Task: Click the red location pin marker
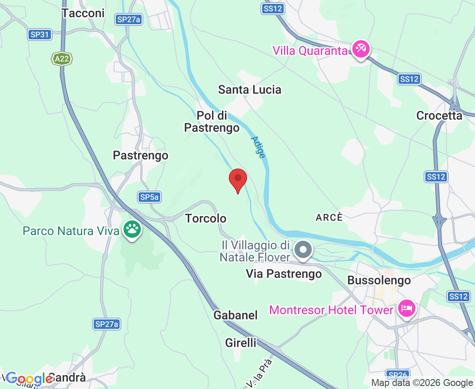237,179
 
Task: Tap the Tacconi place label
83,13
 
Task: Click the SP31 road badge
40,35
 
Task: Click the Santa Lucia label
249,89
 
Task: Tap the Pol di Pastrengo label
212,122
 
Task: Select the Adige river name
258,147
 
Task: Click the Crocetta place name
439,115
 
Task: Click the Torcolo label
206,218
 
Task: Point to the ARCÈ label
329,217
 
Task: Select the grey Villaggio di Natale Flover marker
303,250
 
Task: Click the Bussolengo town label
379,281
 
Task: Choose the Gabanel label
235,315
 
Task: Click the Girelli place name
241,343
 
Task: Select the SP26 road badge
397,375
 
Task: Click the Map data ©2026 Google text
422,383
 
